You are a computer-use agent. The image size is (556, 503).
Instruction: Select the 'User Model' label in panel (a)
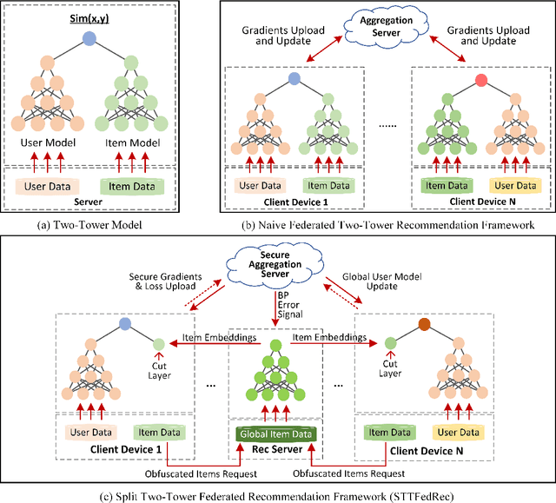pos(55,142)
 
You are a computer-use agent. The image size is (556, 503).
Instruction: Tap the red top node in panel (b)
pos(481,81)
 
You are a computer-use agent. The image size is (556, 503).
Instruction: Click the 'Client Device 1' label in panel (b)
pos(295,202)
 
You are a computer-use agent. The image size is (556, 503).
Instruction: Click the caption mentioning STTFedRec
pos(278,493)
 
